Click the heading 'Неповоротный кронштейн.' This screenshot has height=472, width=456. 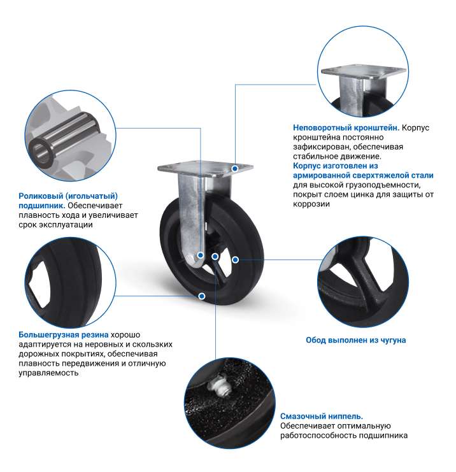pyautogui.click(x=346, y=128)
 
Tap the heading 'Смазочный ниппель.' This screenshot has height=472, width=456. pyautogui.click(x=322, y=417)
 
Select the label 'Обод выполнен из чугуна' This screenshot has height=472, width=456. pyautogui.click(x=356, y=340)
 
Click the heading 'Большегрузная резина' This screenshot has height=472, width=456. pyautogui.click(x=64, y=335)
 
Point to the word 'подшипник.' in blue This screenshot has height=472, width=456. pyautogui.click(x=42, y=206)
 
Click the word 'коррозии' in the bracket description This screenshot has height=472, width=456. pyautogui.click(x=311, y=204)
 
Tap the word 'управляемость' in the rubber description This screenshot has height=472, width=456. pyautogui.click(x=48, y=373)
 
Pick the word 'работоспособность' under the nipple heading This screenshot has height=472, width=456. pyautogui.click(x=318, y=436)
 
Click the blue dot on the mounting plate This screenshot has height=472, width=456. pyautogui.click(x=235, y=168)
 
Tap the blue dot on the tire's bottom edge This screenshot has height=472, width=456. pyautogui.click(x=202, y=296)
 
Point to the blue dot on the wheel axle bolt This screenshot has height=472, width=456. pyautogui.click(x=200, y=255)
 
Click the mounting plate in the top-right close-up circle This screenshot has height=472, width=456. pyautogui.click(x=364, y=71)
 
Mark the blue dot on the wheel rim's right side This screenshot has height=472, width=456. pyautogui.click(x=236, y=259)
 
